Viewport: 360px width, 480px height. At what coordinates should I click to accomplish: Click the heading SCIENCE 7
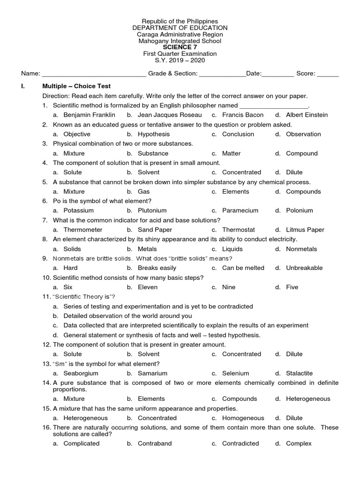[180, 47]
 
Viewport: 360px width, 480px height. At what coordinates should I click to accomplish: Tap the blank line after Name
[94, 74]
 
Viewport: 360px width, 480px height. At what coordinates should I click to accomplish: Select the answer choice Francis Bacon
[243, 115]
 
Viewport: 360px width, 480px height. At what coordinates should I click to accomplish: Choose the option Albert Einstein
[307, 115]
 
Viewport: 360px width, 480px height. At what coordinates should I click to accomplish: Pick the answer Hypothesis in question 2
[153, 134]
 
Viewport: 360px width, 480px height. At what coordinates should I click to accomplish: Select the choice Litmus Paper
[305, 230]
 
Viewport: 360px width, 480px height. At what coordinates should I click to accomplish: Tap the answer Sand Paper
[155, 230]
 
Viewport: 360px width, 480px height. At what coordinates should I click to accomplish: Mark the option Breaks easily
[157, 268]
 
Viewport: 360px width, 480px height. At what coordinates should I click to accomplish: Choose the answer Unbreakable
[304, 268]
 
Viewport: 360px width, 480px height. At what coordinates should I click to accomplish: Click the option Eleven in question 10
[148, 287]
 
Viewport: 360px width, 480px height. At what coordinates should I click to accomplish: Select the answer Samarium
[152, 373]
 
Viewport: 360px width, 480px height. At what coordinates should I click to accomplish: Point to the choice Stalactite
[300, 373]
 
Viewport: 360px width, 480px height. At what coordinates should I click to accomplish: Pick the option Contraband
[155, 443]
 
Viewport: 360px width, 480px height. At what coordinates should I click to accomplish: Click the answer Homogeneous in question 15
[243, 418]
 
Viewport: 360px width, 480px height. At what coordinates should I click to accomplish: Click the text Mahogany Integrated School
[180, 41]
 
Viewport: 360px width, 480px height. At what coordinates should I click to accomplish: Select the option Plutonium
[152, 210]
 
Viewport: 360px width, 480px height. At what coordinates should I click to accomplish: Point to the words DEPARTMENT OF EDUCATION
[180, 28]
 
